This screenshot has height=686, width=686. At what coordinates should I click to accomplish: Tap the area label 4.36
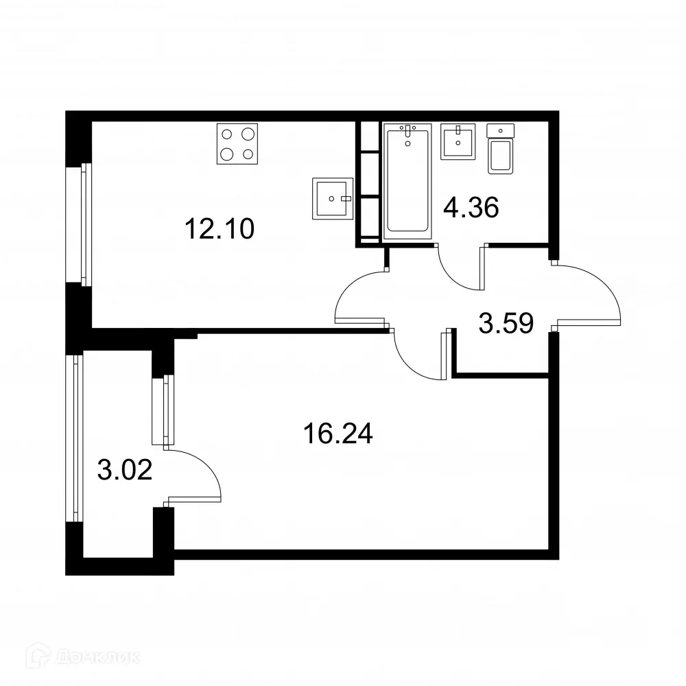point(470,206)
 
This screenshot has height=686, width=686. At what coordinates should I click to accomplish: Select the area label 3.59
point(506,322)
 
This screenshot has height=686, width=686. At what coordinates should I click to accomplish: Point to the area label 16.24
point(337,434)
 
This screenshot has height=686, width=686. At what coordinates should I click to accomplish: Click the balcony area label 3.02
point(124,471)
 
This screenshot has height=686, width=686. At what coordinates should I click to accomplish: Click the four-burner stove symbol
point(237,143)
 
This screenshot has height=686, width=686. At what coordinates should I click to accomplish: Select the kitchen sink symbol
point(332,198)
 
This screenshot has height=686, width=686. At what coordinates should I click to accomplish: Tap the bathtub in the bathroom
point(407,180)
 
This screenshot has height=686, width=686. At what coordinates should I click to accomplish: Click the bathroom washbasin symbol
point(458,141)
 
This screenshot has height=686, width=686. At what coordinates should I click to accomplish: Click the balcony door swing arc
point(196,475)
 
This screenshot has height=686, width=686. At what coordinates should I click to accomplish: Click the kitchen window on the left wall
point(85,224)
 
